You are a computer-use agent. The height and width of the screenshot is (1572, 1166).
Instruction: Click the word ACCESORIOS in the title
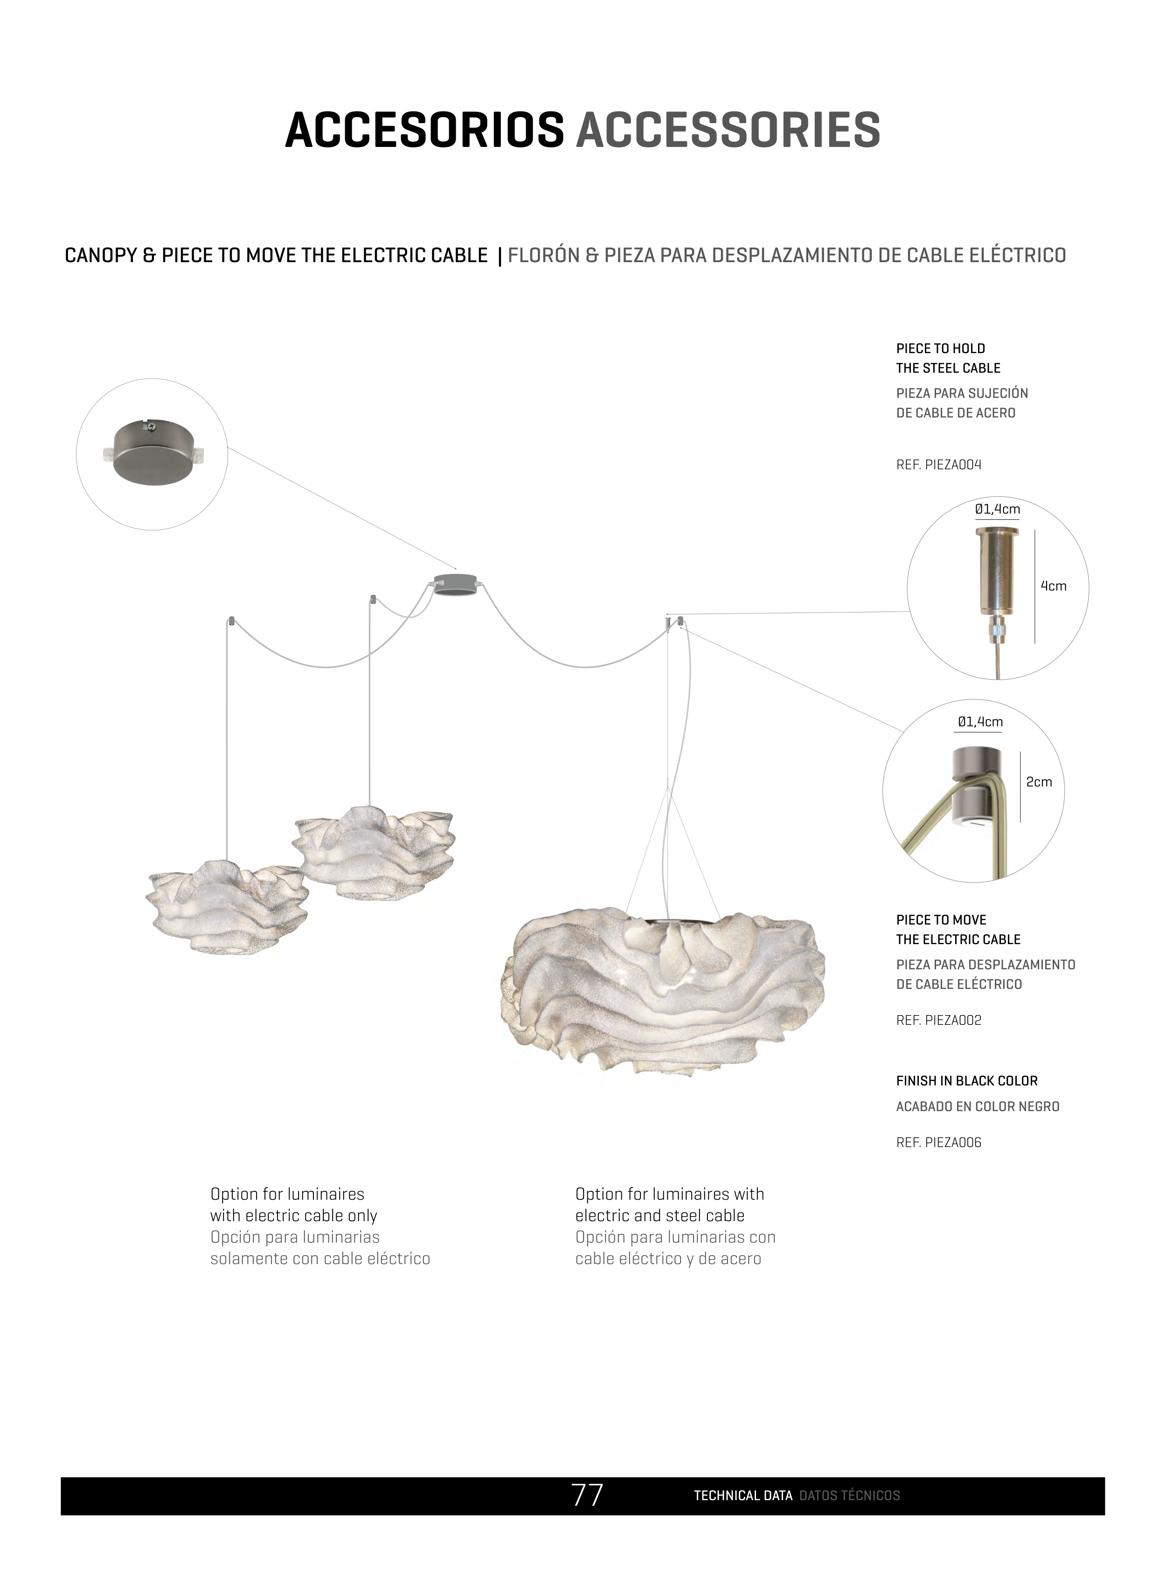(424, 131)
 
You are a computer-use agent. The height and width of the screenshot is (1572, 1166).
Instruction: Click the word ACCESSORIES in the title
(728, 131)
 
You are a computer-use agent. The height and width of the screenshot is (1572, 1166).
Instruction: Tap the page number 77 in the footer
(587, 1495)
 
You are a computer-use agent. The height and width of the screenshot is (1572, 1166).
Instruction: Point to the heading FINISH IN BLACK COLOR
(966, 1081)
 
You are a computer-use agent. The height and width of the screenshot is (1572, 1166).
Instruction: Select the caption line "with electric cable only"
(294, 1216)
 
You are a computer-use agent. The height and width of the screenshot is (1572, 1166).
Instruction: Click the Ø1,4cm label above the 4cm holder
(997, 509)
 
